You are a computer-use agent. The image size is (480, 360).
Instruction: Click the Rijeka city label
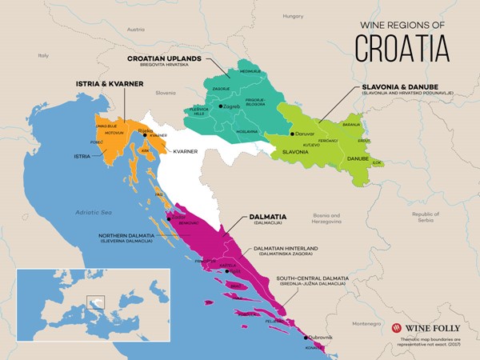click(146, 130)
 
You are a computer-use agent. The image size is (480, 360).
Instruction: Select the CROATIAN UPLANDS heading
click(164, 58)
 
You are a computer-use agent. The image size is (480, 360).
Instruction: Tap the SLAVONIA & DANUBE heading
click(403, 86)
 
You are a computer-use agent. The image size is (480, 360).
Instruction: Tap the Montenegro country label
click(364, 323)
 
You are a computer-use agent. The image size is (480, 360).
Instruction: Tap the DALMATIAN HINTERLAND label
click(286, 251)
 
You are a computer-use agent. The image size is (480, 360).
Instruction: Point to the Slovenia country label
click(166, 93)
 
